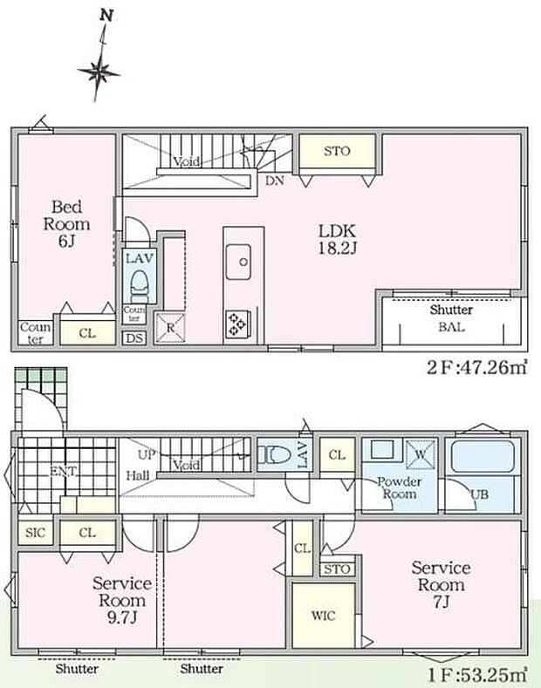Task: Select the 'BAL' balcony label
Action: click(451, 329)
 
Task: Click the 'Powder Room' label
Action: click(399, 487)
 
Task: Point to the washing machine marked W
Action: click(416, 453)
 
